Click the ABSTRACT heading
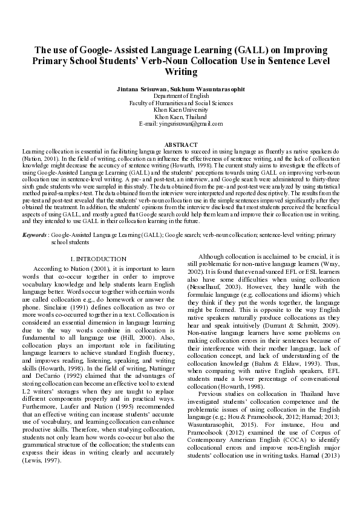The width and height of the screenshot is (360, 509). tap(180, 144)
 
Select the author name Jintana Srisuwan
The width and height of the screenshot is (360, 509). tap(140, 88)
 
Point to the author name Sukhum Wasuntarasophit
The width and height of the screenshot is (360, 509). tap(206, 88)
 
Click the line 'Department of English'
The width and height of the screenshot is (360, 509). tap(180, 96)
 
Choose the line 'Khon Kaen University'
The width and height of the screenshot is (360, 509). tap(180, 109)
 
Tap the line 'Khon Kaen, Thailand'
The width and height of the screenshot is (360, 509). tap(180, 116)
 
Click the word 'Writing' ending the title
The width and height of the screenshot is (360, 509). tap(180, 73)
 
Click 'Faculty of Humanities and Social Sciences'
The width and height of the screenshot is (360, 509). tap(180, 103)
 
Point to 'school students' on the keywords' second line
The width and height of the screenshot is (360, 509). tap(70, 241)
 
